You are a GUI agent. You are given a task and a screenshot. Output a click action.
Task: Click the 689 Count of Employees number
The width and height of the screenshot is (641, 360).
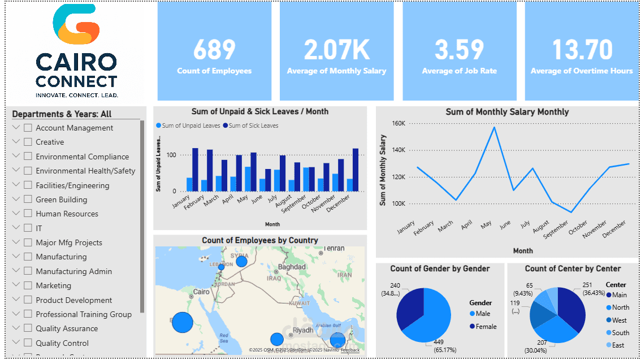[214, 50]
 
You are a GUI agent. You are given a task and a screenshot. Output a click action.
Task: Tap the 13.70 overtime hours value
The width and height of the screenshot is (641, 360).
[582, 50]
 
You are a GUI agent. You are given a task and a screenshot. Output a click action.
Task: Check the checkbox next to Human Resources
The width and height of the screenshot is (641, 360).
[28, 214]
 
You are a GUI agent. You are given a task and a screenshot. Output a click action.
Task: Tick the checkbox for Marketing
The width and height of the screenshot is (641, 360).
[28, 285]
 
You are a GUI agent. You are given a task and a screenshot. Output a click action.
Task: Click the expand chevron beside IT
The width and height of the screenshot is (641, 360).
[16, 228]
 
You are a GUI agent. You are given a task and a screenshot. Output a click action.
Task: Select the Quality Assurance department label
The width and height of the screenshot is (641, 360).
[67, 328]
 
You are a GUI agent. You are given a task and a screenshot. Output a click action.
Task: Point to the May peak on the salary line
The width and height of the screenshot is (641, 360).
[495, 127]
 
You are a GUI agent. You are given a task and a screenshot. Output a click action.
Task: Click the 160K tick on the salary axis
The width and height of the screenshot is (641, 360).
[398, 123]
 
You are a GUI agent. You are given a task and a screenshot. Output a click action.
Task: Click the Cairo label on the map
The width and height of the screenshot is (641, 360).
[201, 292]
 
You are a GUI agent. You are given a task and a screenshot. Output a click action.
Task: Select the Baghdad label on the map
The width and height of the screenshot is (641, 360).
[292, 266]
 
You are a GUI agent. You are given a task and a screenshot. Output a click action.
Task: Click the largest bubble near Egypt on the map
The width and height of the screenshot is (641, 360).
[182, 322]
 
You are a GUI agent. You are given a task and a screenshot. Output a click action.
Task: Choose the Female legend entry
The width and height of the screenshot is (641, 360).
[486, 326]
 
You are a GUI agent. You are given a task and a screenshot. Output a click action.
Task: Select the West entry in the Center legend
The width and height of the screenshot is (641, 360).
[619, 320]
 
